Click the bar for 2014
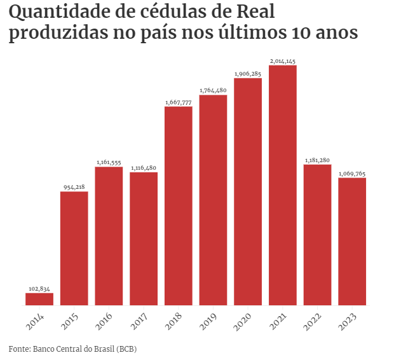pos(39,299)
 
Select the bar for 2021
pos(283,185)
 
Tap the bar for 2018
pos(179,206)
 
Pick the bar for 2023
pos(352,242)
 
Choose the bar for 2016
pos(109,236)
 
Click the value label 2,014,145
pos(283,61)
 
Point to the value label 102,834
pos(39,289)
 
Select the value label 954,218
pos(74,187)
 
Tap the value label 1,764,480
pos(213,90)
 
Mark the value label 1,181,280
pos(317,160)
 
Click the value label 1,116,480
pos(144,168)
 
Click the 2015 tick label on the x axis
pos(69,320)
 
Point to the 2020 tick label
pos(243,320)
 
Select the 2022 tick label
pos(312,320)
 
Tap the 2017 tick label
pos(139,320)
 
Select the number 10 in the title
pos(305,33)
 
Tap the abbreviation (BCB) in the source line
pos(126,349)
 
